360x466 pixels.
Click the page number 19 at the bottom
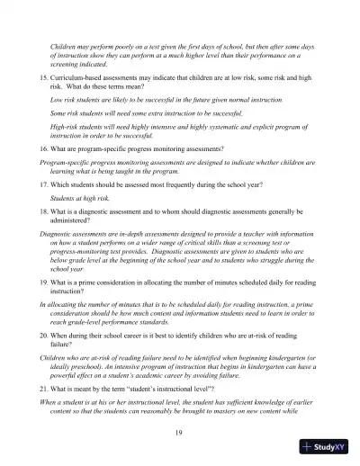point(181,432)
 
